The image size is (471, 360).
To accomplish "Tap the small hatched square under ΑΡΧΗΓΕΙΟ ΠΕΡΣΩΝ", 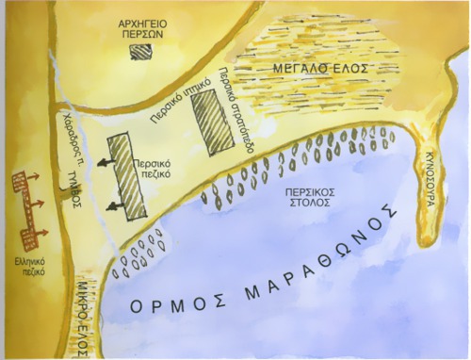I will pyautogui.click(x=140, y=53).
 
